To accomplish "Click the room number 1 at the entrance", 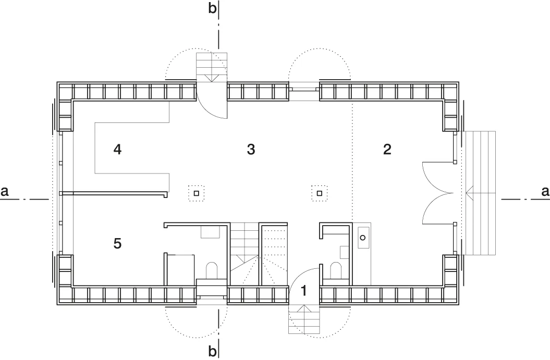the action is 304,290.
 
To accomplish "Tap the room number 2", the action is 387,150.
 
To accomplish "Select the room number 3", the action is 251,150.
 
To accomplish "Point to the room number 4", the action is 117,150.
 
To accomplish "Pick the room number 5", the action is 117,243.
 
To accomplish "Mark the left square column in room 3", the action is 197,193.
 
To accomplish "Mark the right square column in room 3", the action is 319,193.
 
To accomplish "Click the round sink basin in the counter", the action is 363,238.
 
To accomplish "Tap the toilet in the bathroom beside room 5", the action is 212,270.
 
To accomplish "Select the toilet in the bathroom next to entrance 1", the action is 336,270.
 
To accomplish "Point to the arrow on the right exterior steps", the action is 480,192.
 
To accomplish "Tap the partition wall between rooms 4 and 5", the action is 115,193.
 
